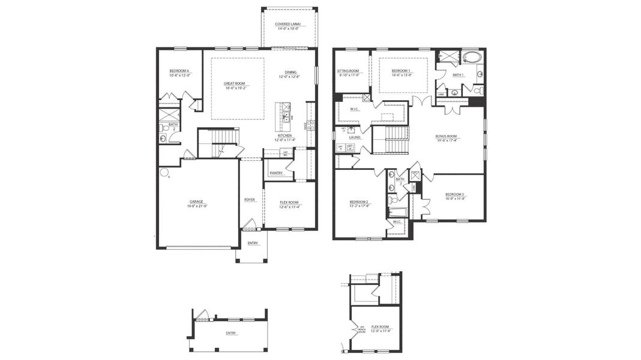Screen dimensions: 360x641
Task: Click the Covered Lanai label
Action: click(288, 25)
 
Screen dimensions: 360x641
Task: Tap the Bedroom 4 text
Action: click(179, 71)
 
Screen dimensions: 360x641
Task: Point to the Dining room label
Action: click(290, 71)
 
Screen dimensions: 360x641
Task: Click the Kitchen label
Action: click(284, 136)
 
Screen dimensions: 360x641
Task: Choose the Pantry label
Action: click(276, 173)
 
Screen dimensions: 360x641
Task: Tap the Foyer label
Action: click(250, 200)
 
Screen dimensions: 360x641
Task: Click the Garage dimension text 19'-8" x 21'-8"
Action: click(197, 206)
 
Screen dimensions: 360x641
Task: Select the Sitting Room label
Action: click(348, 71)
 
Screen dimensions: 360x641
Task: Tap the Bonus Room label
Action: click(446, 136)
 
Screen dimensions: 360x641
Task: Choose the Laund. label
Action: click(355, 137)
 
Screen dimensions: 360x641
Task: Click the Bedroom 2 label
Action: click(360, 202)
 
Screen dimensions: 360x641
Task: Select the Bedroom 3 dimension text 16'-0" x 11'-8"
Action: click(454, 198)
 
